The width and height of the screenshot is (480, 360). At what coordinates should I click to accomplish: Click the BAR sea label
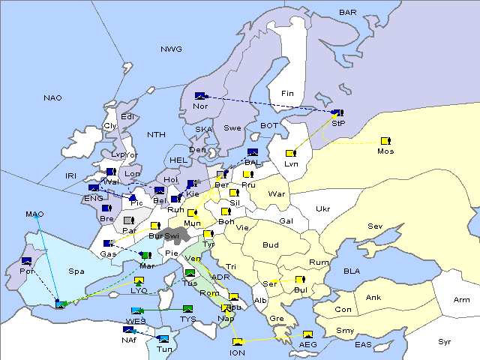click(x=348, y=12)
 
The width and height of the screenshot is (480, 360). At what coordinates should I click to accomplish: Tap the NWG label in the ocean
click(x=171, y=49)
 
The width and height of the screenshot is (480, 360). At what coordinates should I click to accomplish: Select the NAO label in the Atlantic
click(x=52, y=97)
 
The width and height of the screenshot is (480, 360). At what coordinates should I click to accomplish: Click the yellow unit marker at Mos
click(x=385, y=141)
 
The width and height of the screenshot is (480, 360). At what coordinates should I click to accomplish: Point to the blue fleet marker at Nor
click(x=199, y=96)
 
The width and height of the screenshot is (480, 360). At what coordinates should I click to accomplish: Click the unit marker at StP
click(x=337, y=113)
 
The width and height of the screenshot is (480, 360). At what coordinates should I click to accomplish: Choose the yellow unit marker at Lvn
click(x=290, y=153)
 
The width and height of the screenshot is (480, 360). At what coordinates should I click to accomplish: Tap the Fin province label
click(x=287, y=93)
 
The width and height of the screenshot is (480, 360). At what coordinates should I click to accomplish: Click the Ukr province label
click(x=322, y=208)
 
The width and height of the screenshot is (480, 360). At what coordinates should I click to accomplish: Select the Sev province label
click(x=375, y=226)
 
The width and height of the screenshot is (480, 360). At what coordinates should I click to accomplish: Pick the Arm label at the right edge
click(x=462, y=300)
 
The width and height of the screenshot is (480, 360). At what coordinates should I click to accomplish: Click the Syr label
click(x=445, y=341)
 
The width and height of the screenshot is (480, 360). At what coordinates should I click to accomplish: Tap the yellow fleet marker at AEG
click(x=307, y=334)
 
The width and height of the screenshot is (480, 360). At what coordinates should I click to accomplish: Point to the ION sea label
click(x=237, y=352)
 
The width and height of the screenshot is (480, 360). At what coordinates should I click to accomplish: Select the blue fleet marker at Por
click(x=27, y=261)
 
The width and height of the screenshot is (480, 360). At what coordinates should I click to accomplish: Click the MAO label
click(x=34, y=214)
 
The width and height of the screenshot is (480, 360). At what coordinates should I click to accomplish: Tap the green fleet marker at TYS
click(x=188, y=308)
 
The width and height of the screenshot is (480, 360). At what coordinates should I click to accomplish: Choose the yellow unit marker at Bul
click(x=300, y=280)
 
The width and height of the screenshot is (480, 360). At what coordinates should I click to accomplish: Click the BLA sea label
click(x=352, y=271)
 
